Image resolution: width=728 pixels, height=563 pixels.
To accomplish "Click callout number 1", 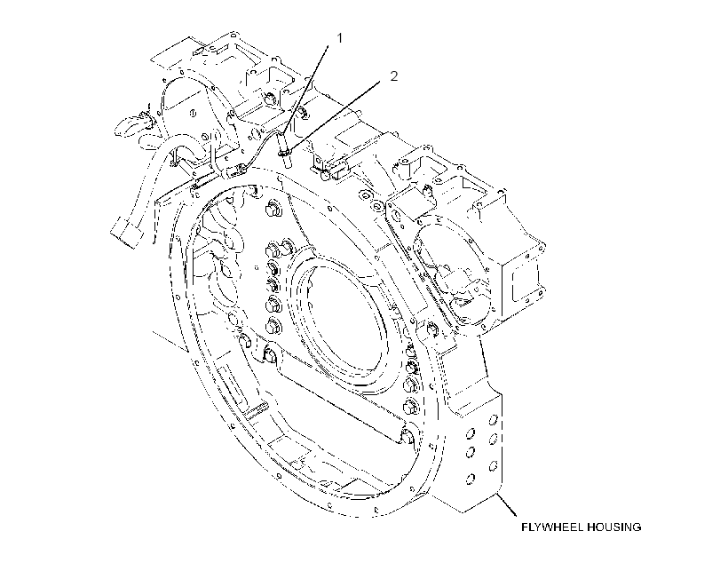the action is [x=339, y=38].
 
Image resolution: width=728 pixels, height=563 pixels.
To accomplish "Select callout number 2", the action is [x=393, y=75].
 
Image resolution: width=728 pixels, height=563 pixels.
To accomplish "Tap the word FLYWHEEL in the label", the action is [x=551, y=527].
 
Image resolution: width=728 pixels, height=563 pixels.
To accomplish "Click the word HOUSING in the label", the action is [x=613, y=527].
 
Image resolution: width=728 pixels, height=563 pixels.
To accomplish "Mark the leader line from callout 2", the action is [x=335, y=115].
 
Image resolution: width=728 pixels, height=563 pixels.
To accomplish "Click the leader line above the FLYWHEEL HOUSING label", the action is [x=507, y=505].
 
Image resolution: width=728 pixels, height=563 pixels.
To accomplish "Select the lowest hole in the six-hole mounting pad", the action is [x=470, y=478].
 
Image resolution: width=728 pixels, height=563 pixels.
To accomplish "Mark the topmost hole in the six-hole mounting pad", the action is [x=494, y=420].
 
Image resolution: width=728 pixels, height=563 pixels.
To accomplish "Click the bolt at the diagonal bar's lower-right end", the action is [x=406, y=437].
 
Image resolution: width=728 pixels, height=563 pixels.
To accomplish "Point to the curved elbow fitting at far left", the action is [x=132, y=123].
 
